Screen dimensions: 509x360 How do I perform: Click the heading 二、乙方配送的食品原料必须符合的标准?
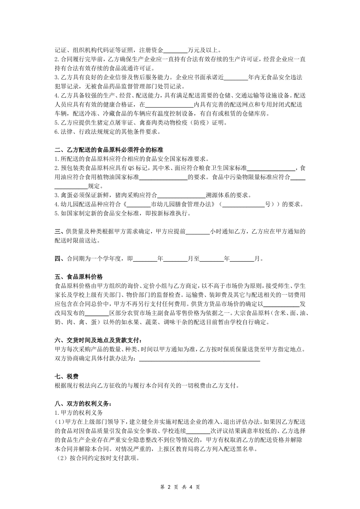click(x=109, y=150)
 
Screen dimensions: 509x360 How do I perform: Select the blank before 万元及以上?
click(x=176, y=50)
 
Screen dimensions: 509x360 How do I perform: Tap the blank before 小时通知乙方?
click(x=197, y=231)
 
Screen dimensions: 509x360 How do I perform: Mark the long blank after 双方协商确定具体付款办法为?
click(x=199, y=358)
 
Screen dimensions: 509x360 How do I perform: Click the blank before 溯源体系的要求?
click(x=181, y=195)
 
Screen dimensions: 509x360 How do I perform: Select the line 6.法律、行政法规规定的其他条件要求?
click(x=108, y=132)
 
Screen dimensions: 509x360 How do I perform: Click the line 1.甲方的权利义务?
click(x=78, y=413)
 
